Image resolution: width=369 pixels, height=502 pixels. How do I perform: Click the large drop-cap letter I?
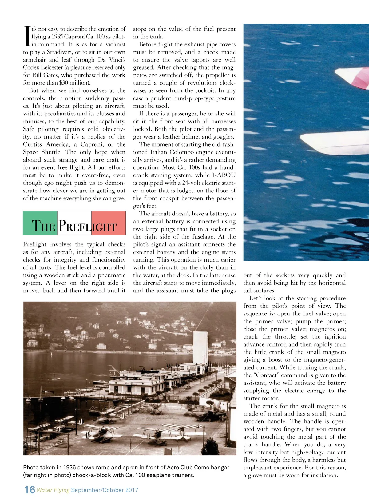pyautogui.click(x=27, y=36)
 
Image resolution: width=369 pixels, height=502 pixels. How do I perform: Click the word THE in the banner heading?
pyautogui.click(x=43, y=226)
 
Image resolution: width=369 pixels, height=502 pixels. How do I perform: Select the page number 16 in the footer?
pyautogui.click(x=30, y=490)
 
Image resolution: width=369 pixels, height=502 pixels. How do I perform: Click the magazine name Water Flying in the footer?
pyautogui.click(x=53, y=490)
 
